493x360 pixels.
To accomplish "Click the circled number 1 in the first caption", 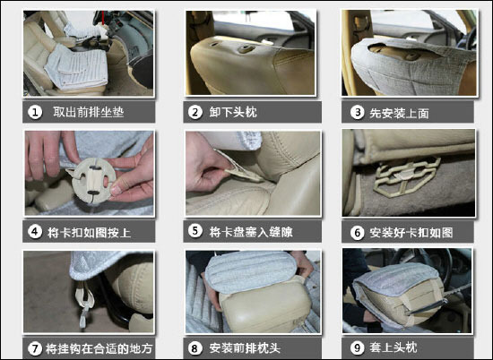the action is click(35, 112).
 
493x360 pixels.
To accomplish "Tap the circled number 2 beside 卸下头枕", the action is click(195, 112).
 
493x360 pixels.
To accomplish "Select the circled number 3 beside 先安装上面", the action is click(357, 113).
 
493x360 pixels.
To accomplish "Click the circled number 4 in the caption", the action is click(35, 232).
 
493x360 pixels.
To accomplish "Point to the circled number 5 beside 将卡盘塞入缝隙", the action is click(195, 231).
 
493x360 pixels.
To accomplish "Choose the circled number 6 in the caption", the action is click(357, 233).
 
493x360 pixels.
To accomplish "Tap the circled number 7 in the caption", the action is click(35, 348).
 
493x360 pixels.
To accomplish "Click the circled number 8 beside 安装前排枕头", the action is click(195, 348).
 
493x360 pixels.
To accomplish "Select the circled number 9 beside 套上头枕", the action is click(357, 347).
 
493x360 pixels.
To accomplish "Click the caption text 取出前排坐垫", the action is click(89, 112).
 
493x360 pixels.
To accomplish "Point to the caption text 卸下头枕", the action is click(233, 112).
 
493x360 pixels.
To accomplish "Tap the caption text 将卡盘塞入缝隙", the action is click(251, 232).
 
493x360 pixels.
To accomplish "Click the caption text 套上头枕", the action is click(394, 347).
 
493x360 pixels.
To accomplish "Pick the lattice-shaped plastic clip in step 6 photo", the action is click(406, 176).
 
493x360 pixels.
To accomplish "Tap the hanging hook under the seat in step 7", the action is click(84, 302).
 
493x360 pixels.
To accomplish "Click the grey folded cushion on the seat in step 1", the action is click(76, 66).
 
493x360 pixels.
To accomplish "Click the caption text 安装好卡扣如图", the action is click(411, 233).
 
